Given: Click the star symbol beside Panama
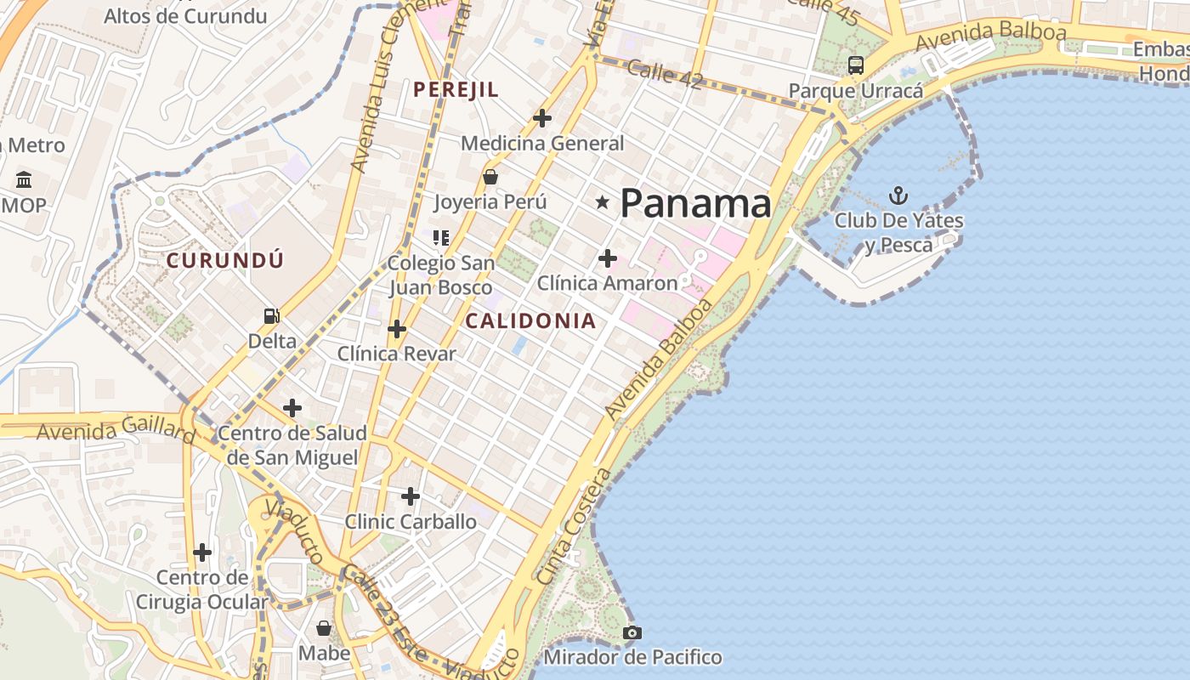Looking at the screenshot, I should coord(603,202).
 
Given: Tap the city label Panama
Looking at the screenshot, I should coord(695,204).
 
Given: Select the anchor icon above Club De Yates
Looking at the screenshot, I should coord(898,196).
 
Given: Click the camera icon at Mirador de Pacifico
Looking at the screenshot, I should coord(632,632).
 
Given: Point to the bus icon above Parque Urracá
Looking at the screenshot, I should coord(856,65).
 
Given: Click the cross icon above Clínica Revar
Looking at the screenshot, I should coord(397,329).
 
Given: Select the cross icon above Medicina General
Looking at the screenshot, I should coord(542,118).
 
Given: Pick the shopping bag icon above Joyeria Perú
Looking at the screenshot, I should coord(490,177).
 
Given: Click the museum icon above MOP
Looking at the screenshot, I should coord(24,180).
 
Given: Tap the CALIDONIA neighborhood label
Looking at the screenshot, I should coord(530,321).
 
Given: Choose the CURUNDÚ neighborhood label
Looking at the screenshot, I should coord(224,260).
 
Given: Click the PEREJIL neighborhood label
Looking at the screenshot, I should coord(456,89).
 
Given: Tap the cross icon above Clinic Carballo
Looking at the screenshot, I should coord(411,496).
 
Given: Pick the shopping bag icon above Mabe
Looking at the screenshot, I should coord(324,629).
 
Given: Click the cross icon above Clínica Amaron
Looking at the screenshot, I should coord(608,258).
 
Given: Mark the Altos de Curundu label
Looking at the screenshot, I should coord(185,15).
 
